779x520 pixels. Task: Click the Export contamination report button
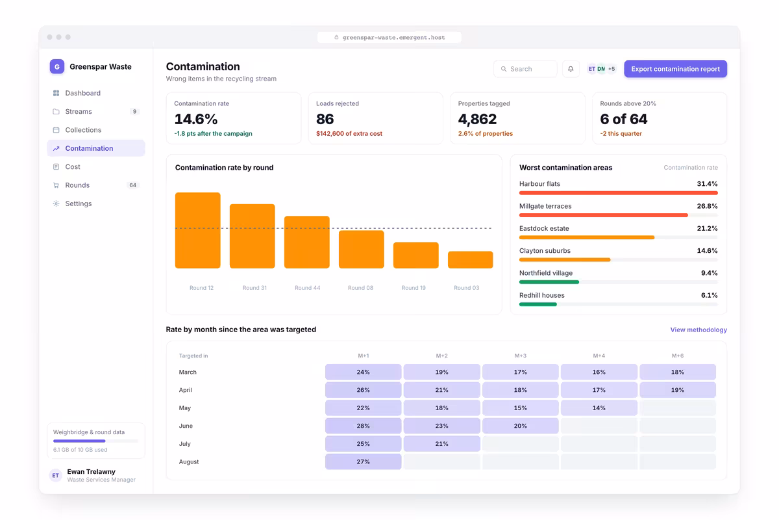pos(675,69)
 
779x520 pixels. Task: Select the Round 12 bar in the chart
pos(197,230)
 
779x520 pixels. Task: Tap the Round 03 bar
pos(470,259)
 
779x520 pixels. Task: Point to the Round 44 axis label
pos(308,288)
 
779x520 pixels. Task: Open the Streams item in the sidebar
pos(79,111)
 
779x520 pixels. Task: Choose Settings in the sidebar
pos(79,203)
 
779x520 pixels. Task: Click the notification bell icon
pos(571,69)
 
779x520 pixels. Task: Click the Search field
pos(525,69)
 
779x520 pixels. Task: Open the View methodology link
pos(699,330)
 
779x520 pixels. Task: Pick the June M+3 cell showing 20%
pos(520,426)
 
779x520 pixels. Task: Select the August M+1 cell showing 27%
pos(363,461)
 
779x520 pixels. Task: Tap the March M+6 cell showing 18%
pos(678,372)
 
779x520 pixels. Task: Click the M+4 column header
pos(599,356)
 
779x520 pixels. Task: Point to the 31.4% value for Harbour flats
pos(707,184)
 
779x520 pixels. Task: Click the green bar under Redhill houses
pos(538,304)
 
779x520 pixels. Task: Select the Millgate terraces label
pos(545,206)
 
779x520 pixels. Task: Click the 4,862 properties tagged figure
pos(477,119)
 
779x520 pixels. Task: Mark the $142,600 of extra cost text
pos(349,133)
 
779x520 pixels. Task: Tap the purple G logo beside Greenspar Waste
pos(57,66)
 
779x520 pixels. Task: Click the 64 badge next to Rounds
pos(133,185)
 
